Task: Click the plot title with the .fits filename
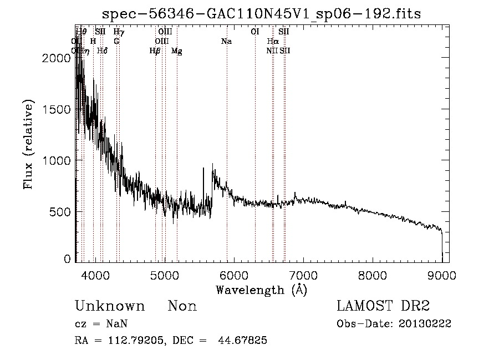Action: (262, 14)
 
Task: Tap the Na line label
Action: (226, 41)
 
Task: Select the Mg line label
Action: (177, 51)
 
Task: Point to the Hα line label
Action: (272, 41)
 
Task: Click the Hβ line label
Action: (155, 51)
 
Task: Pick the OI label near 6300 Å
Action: (255, 32)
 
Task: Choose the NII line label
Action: (272, 50)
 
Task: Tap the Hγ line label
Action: (118, 32)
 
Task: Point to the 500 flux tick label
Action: (59, 212)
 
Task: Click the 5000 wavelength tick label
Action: (164, 275)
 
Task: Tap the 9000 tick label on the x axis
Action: (441, 275)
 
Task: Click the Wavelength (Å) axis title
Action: (261, 290)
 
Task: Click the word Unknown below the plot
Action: (110, 306)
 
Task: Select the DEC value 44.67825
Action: (243, 341)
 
